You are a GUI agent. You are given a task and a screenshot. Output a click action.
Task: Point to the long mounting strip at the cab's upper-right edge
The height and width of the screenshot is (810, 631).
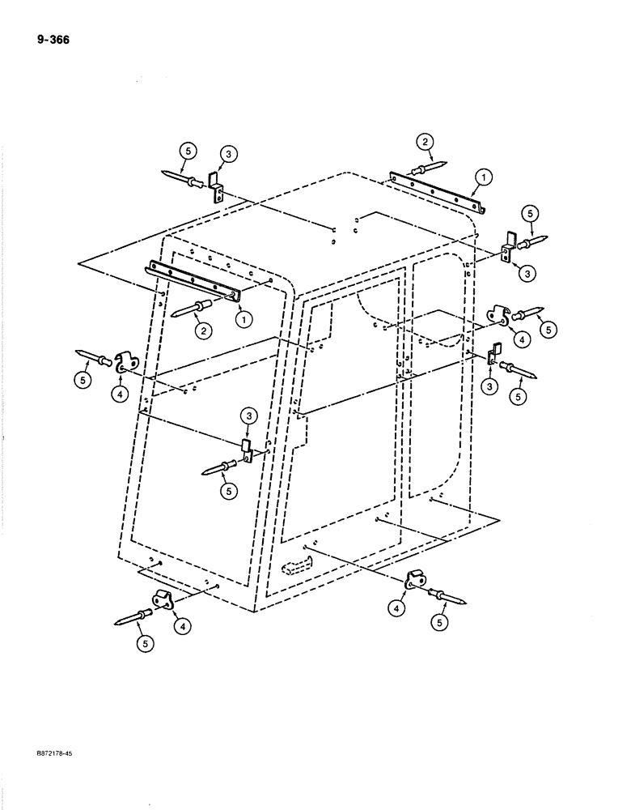click(437, 192)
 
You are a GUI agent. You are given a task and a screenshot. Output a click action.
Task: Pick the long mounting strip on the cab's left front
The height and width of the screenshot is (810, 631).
click(194, 281)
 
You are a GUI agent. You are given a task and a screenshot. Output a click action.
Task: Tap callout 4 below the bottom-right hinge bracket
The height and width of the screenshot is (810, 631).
click(401, 607)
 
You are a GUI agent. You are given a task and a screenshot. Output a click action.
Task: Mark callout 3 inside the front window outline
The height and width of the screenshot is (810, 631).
click(248, 417)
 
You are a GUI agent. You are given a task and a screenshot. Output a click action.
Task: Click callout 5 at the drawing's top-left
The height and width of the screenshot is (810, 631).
click(188, 150)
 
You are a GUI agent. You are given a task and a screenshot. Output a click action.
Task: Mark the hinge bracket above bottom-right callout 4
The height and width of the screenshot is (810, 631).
click(415, 581)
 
